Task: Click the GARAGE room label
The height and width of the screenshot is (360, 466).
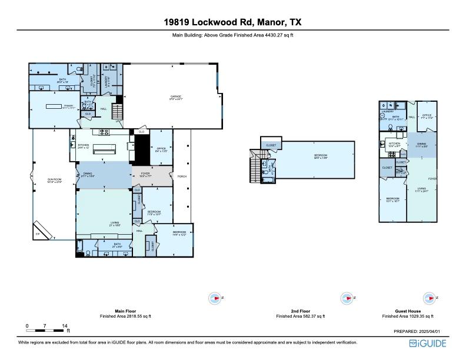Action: tap(176, 96)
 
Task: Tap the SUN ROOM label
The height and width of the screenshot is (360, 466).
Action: tap(54, 180)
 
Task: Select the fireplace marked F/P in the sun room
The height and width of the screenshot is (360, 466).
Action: tap(42, 230)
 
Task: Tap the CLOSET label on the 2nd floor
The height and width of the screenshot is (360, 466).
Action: tap(271, 145)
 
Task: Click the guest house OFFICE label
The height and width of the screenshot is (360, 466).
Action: tap(427, 116)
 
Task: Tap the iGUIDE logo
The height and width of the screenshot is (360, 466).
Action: tap(428, 342)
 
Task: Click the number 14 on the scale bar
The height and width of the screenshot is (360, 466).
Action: tap(65, 325)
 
